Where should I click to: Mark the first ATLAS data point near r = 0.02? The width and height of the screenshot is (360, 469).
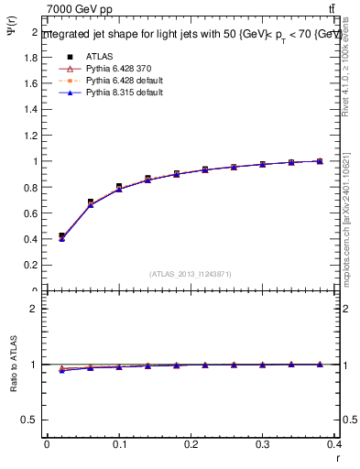[61, 235]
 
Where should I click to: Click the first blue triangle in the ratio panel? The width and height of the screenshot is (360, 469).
[61, 370]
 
